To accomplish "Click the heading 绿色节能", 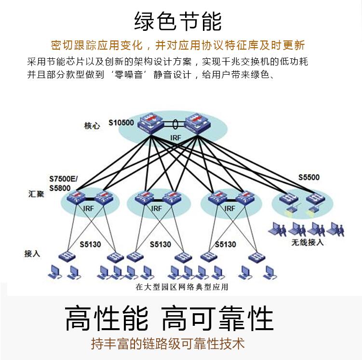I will coord(178,22).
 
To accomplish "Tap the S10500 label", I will coord(121,122).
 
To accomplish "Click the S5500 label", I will coord(308,177).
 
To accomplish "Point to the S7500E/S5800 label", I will coord(63,183).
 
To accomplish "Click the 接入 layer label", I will coord(32,253).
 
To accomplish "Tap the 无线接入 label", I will coord(308,242).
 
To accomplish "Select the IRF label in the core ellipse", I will coord(175,138).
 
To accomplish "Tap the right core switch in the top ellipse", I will coord(197,122).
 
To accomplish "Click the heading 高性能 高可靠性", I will coord(169,318).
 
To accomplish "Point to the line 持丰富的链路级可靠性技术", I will coord(168,344).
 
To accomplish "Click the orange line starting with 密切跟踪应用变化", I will coord(178,46).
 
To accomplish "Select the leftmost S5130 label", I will coord(90,244).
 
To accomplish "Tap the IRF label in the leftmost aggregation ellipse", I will coord(89,209).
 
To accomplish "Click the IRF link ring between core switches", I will coord(174,123).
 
